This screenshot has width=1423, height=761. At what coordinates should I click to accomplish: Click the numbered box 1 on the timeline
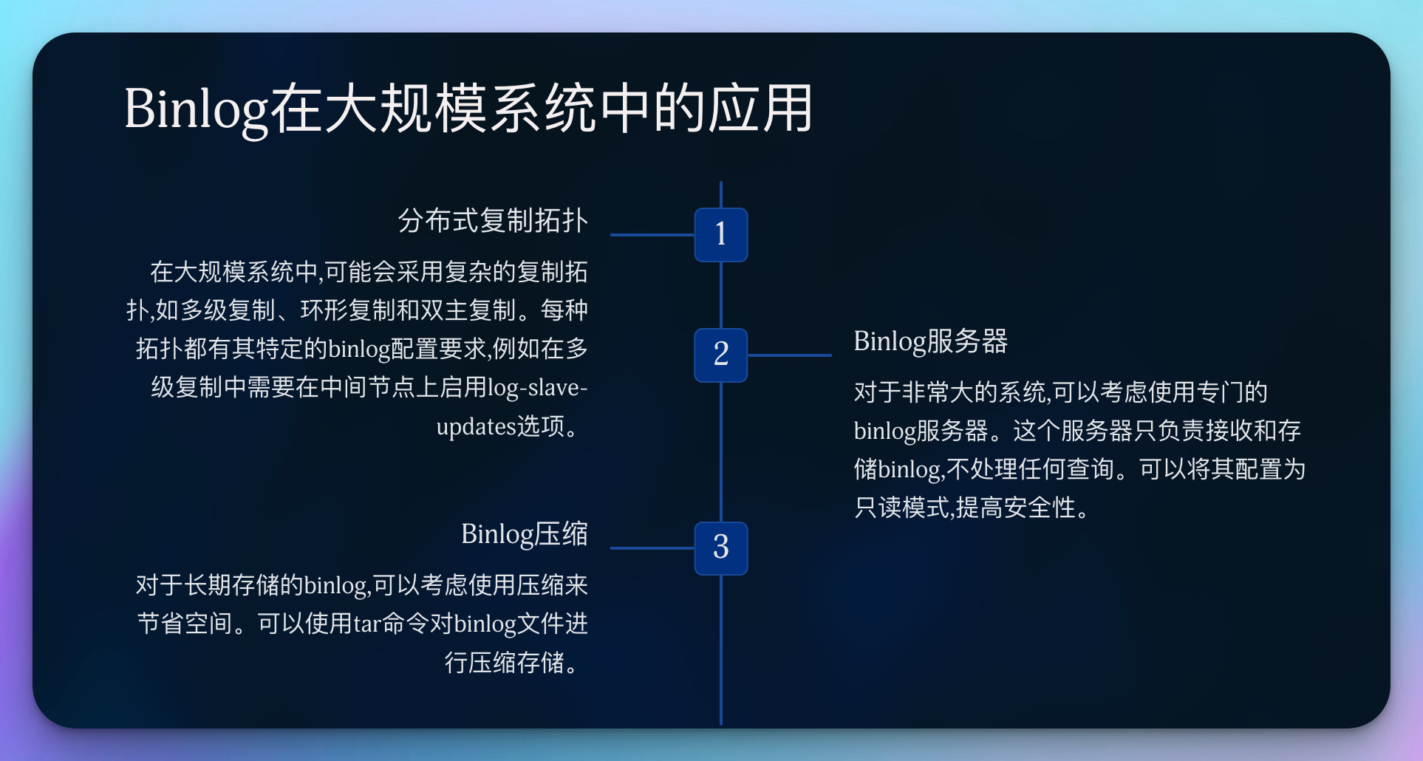tap(720, 235)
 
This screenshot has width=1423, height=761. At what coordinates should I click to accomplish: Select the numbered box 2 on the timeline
tap(720, 355)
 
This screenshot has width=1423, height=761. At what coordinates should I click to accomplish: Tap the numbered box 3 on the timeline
tap(720, 548)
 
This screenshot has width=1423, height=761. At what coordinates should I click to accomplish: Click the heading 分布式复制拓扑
tap(493, 221)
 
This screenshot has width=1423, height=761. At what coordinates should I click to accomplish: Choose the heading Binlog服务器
tap(930, 341)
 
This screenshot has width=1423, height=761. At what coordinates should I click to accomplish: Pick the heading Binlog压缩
tap(524, 534)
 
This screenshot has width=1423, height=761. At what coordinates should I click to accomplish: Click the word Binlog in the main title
tap(196, 109)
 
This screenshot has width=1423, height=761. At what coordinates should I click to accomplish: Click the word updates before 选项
tap(476, 426)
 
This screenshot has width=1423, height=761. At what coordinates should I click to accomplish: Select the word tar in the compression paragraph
tap(366, 624)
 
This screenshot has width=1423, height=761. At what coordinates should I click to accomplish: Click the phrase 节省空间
tap(185, 624)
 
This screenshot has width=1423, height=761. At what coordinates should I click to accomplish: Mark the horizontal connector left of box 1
tap(652, 235)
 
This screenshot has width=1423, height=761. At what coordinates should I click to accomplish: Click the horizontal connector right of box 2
tap(789, 355)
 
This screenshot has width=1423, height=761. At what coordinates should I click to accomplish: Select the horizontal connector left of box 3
tap(652, 548)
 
